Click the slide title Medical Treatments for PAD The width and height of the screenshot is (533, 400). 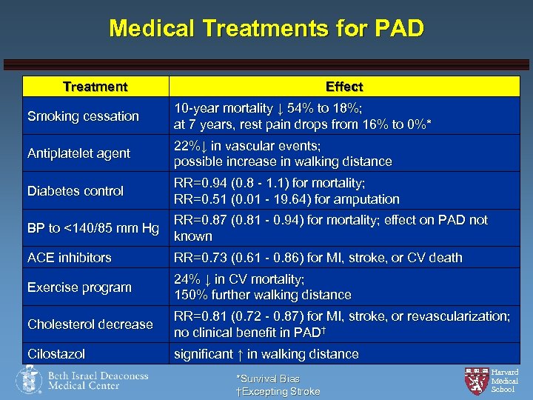pyautogui.click(x=266, y=29)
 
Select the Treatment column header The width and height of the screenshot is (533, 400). pyautogui.click(x=95, y=87)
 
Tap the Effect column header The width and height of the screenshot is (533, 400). pyautogui.click(x=343, y=87)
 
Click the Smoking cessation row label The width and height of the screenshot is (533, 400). pyautogui.click(x=83, y=116)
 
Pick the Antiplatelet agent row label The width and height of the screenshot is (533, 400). pyautogui.click(x=78, y=153)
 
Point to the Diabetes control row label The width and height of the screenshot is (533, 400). pyautogui.click(x=76, y=190)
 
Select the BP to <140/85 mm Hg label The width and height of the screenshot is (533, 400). pyautogui.click(x=93, y=228)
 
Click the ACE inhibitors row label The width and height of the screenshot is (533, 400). pyautogui.click(x=70, y=258)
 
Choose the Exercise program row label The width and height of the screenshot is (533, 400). pyautogui.click(x=79, y=287)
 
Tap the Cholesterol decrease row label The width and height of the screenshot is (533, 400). pyautogui.click(x=90, y=324)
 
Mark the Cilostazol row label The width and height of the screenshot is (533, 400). pyautogui.click(x=56, y=354)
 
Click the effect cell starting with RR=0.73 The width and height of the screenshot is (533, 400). pyautogui.click(x=318, y=258)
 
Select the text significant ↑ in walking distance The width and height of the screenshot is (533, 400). pyautogui.click(x=266, y=354)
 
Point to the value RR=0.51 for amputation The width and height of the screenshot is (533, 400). pyautogui.click(x=286, y=199)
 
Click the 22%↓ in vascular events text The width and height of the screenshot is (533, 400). pyautogui.click(x=247, y=146)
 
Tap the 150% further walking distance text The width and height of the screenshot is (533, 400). pyautogui.click(x=262, y=295)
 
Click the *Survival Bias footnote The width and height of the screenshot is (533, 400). pyautogui.click(x=268, y=379)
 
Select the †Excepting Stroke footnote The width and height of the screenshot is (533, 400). pyautogui.click(x=278, y=391)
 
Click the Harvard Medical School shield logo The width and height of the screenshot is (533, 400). pyautogui.click(x=475, y=380)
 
